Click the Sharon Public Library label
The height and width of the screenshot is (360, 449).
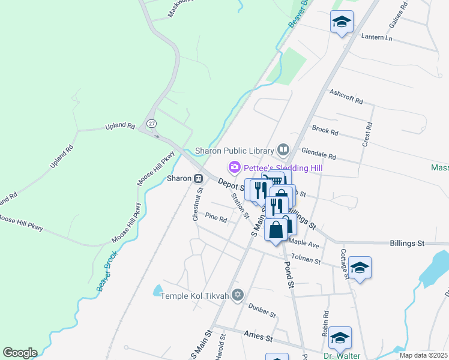[235, 150]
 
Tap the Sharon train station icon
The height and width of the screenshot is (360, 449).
[198, 178]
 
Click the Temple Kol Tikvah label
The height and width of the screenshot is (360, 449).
[195, 296]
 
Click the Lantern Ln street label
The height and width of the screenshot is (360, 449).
[376, 37]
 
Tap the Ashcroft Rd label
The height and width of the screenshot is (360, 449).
[347, 97]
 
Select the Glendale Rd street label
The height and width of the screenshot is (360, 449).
[319, 152]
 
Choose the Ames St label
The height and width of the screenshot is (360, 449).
[258, 335]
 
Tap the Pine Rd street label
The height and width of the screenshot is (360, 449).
[215, 218]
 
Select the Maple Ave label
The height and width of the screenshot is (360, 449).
[304, 244]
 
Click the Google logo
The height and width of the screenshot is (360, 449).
[20, 353]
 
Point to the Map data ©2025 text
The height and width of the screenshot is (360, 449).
[424, 356]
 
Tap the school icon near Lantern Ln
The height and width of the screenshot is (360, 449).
[342, 22]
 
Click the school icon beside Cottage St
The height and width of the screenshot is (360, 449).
[360, 267]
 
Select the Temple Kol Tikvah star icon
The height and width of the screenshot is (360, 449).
[238, 294]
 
